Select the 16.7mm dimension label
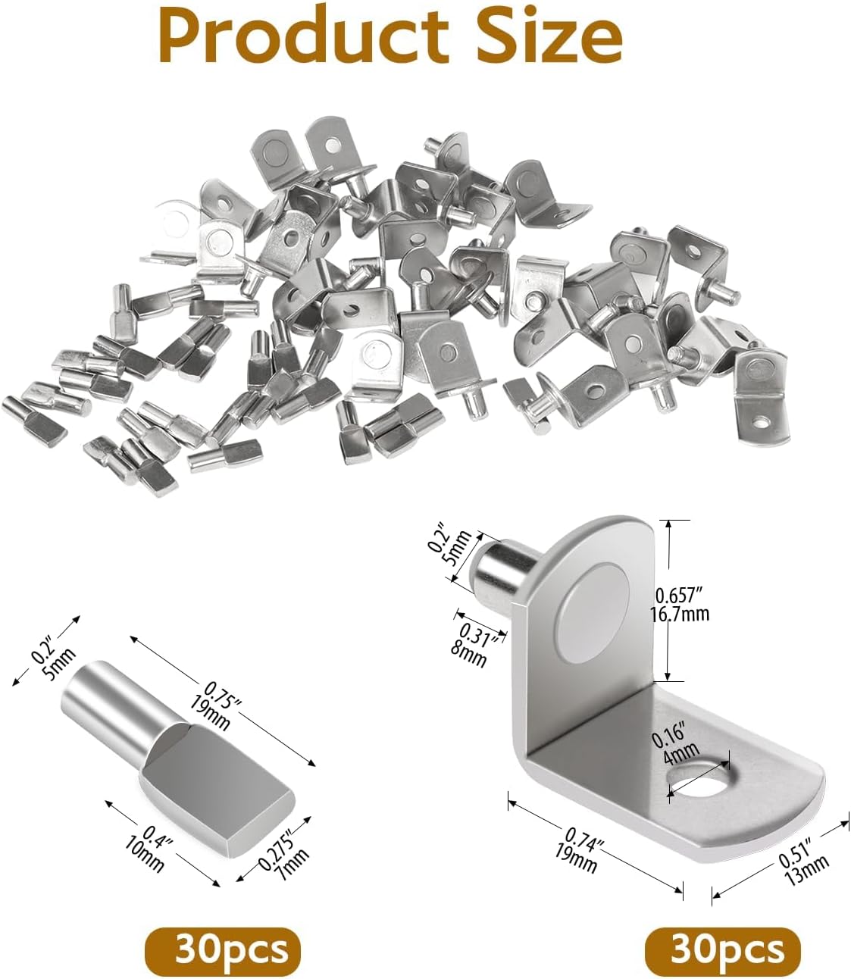point(679,614)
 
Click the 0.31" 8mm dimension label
point(475,646)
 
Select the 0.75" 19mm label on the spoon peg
point(214,709)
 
